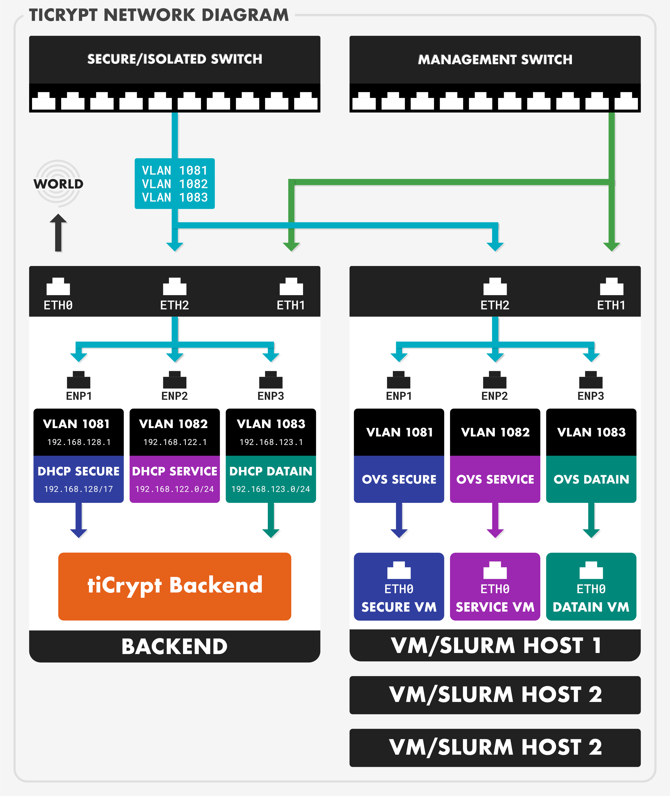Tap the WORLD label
point(58,184)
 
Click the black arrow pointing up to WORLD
point(58,232)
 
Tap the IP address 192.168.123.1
point(271,442)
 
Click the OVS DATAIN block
point(591,479)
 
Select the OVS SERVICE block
point(495,479)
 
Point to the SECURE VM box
point(399,586)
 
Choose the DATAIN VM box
point(591,586)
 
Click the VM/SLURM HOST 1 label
point(495,645)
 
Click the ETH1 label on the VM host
point(611,305)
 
